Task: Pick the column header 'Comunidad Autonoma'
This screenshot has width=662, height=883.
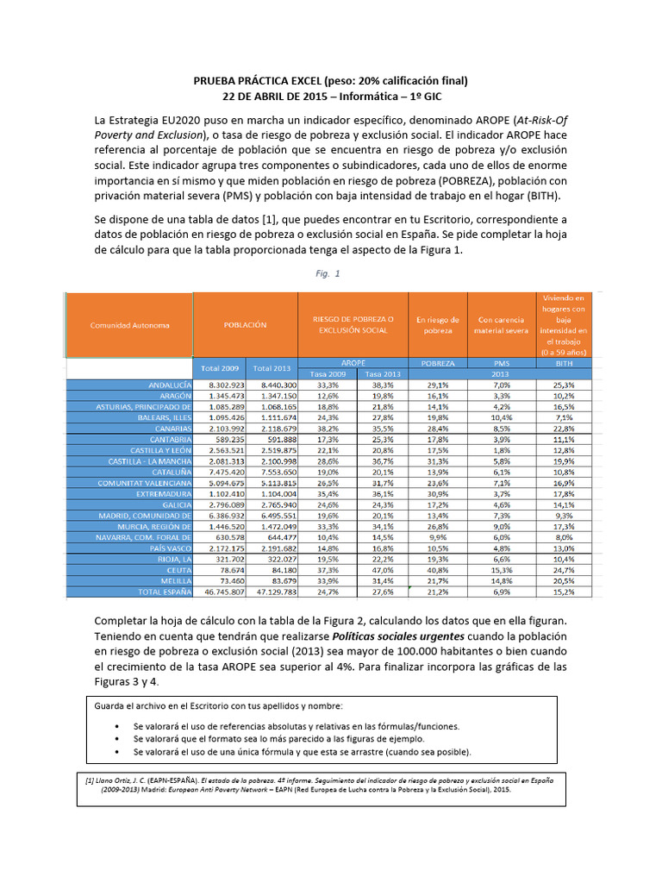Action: coord(130,325)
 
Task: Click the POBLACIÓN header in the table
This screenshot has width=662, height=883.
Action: coord(246,325)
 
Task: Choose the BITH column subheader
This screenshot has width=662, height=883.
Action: coord(565,364)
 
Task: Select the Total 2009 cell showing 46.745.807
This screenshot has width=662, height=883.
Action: coord(222,592)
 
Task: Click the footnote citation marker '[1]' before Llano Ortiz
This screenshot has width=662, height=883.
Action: coord(89,779)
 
